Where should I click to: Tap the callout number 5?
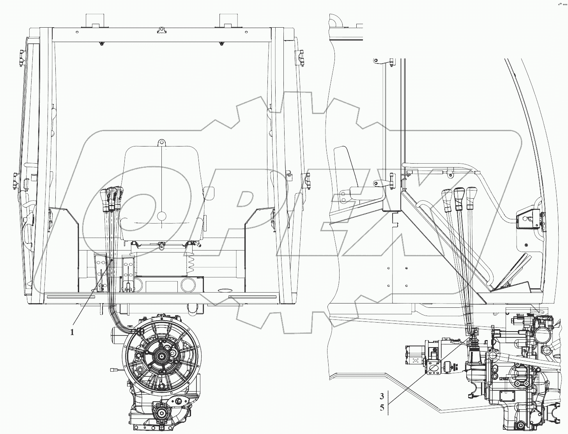click(x=382, y=408)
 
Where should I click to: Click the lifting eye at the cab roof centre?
click(x=161, y=30)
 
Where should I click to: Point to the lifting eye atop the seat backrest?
click(x=161, y=143)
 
